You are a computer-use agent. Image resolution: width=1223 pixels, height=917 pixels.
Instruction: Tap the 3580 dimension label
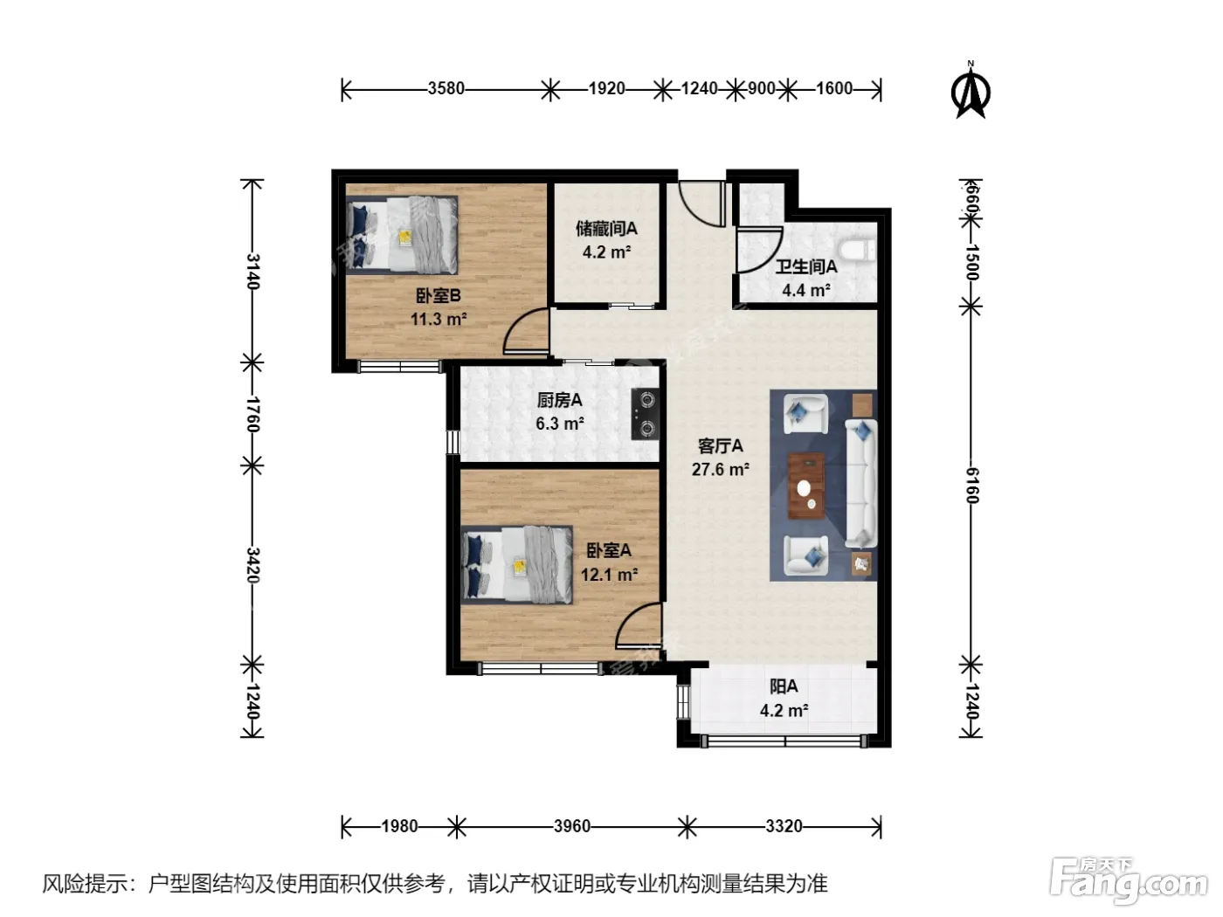[x=446, y=88]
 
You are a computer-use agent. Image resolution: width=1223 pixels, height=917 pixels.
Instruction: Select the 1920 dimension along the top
[x=606, y=88]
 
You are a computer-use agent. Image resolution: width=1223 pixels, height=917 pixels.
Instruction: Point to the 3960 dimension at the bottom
[x=571, y=826]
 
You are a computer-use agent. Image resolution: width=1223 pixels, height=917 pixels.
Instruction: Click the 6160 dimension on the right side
[x=971, y=485]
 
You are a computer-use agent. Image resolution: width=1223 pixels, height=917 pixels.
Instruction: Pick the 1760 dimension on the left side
[x=252, y=414]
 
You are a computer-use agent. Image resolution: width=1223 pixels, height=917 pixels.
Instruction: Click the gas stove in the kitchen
[x=646, y=414]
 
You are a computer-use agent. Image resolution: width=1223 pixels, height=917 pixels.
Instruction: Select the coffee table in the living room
[x=806, y=486]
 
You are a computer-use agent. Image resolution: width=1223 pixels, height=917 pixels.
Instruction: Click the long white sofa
[x=861, y=483]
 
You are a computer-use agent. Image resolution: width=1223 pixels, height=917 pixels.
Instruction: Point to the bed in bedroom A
[x=517, y=564]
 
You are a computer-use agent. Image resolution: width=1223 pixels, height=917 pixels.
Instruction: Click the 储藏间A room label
[x=606, y=229]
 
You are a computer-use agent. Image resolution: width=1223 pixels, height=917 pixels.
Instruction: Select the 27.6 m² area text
[x=721, y=470]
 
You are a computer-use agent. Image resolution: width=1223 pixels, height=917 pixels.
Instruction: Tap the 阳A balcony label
[x=784, y=687]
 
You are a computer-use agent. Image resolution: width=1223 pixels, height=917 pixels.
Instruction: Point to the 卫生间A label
[x=806, y=267]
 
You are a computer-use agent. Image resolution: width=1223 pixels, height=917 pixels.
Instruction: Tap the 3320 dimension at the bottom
[x=784, y=826]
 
